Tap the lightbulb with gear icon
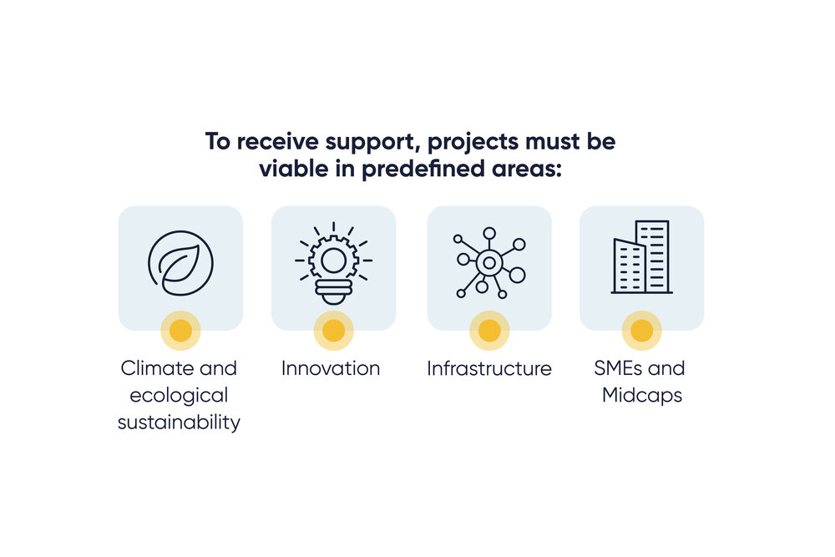click(334, 261)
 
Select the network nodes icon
click(489, 262)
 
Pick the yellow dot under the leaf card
click(180, 331)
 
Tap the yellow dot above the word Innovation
click(334, 331)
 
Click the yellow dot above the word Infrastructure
click(489, 331)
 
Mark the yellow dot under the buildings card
click(642, 331)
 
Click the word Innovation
click(331, 368)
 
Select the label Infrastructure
click(489, 368)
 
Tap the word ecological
click(180, 395)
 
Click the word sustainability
click(179, 423)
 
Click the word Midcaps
click(642, 395)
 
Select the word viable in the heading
click(288, 168)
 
